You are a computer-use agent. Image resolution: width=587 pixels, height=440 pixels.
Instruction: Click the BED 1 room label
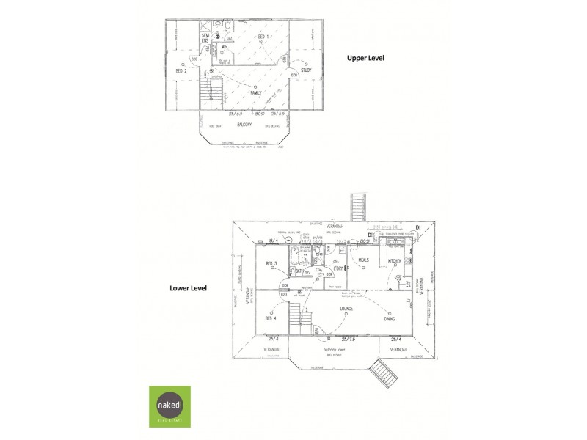click(263, 36)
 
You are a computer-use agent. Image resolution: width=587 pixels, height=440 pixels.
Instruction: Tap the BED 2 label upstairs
click(181, 70)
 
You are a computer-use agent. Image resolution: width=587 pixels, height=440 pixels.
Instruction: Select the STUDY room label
click(306, 70)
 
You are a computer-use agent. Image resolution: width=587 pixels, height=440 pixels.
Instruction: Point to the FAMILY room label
click(255, 93)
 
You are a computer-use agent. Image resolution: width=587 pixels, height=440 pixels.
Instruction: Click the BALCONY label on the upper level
click(244, 125)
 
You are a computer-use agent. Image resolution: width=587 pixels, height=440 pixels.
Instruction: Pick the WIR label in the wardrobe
click(226, 48)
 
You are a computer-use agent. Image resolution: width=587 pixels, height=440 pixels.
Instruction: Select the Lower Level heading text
click(189, 288)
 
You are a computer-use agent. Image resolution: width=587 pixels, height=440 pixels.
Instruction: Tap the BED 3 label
click(270, 263)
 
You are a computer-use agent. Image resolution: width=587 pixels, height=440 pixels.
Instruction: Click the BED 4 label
click(270, 319)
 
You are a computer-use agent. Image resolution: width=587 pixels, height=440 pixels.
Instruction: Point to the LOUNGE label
click(346, 309)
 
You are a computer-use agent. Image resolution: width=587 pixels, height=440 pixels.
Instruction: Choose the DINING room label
click(389, 319)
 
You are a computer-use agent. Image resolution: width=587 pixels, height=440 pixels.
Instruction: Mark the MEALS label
click(363, 260)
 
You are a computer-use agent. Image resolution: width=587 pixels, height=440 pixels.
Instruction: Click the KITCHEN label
click(395, 260)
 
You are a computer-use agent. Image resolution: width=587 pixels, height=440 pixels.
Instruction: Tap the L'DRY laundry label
click(338, 268)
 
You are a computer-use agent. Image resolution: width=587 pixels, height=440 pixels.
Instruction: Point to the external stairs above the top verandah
click(358, 206)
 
